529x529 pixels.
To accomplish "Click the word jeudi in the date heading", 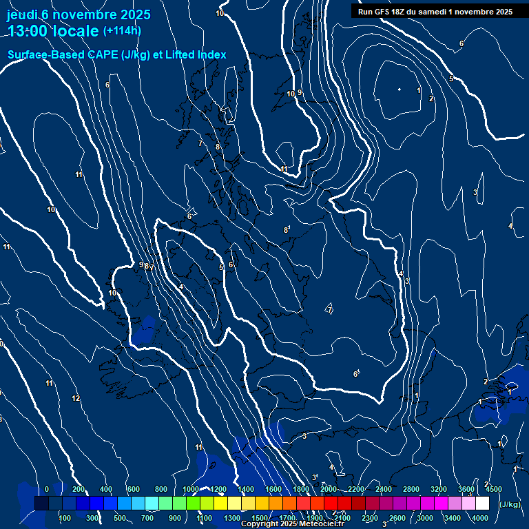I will point(22,14).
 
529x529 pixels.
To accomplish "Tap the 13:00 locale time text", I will point(53,31).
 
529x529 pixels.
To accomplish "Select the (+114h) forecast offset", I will point(122,31).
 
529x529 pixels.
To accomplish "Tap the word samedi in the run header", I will point(442,12).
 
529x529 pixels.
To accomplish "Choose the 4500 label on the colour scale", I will point(493,489).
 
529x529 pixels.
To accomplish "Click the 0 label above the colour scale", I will point(47,489).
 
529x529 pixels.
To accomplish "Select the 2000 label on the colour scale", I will point(329,489).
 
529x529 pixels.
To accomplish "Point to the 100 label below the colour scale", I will point(65,518).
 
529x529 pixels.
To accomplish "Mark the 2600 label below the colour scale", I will point(397,518).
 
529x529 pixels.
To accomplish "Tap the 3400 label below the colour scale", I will point(453,518).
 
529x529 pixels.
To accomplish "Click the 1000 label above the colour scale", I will point(191,489).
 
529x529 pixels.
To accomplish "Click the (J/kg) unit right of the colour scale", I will point(509,504).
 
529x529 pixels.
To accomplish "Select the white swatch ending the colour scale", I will point(482,504).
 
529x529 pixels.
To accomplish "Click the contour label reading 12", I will point(76,398).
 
